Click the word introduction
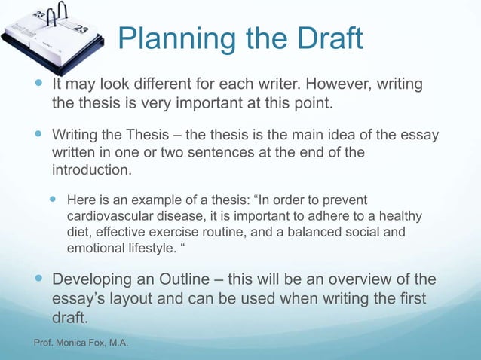coord(90,170)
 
